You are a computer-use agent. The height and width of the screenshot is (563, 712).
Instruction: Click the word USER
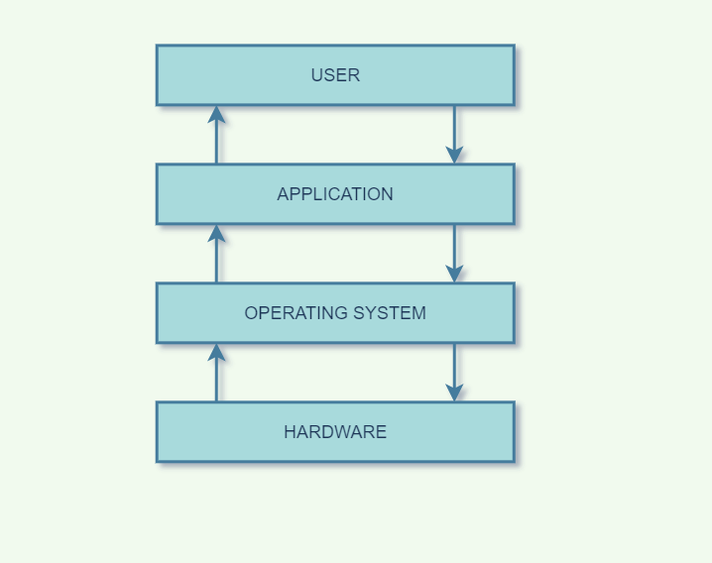[x=335, y=75]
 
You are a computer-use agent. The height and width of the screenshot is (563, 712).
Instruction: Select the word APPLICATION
[x=335, y=194]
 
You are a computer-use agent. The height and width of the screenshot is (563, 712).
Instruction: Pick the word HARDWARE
[x=335, y=432]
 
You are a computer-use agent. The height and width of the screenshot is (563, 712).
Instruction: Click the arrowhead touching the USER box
[x=216, y=114]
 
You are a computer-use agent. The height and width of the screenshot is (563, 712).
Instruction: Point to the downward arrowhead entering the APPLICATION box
[x=454, y=155]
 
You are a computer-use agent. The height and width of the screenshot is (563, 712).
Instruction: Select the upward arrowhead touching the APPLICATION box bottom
[x=216, y=233]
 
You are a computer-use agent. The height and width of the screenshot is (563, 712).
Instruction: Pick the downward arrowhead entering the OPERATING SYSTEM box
[x=454, y=274]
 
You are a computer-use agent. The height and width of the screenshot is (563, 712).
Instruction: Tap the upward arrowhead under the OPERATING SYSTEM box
[x=216, y=352]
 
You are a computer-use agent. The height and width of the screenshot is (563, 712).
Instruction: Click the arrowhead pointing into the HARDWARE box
[x=454, y=393]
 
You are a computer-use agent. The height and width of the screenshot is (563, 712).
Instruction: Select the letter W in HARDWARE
[x=343, y=432]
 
